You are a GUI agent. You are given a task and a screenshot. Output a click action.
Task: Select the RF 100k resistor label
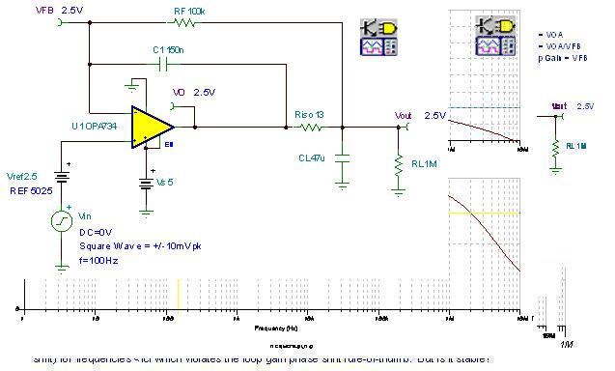tap(189, 10)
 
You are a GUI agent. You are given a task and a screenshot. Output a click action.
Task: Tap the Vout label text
tap(404, 115)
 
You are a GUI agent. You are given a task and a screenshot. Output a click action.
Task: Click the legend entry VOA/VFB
tap(559, 45)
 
